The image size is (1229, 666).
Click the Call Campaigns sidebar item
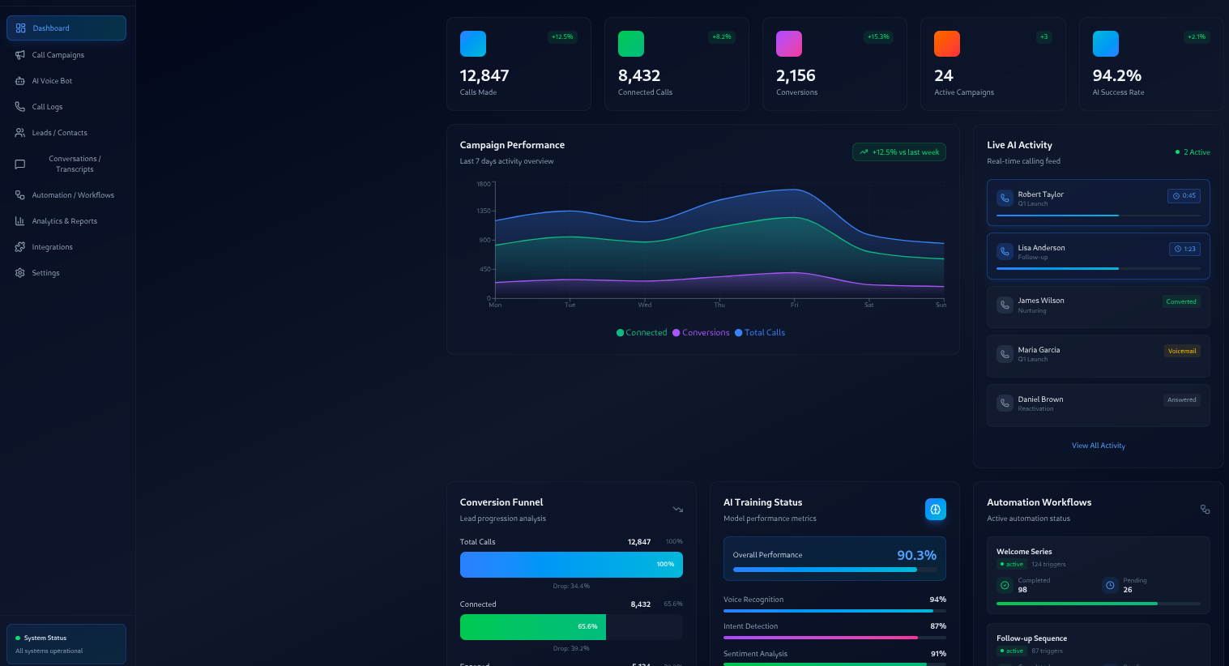pyautogui.click(x=58, y=55)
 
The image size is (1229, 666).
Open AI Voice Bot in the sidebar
pyautogui.click(x=52, y=81)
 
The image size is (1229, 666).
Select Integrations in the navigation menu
pyautogui.click(x=52, y=247)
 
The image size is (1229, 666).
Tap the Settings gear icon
pyautogui.click(x=20, y=273)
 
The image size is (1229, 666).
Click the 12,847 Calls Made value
pyautogui.click(x=484, y=75)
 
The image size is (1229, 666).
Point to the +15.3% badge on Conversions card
pyautogui.click(x=878, y=36)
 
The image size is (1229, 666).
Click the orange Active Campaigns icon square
pyautogui.click(x=947, y=44)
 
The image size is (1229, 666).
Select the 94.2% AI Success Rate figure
pyautogui.click(x=1116, y=75)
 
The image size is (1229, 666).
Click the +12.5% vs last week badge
pyautogui.click(x=899, y=152)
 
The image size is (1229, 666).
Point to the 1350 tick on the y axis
pyautogui.click(x=484, y=211)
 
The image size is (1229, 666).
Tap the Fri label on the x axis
pyautogui.click(x=794, y=305)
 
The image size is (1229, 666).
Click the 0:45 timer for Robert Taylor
pyautogui.click(x=1184, y=196)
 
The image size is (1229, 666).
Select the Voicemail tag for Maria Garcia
pyautogui.click(x=1182, y=352)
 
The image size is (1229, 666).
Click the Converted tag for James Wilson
pyautogui.click(x=1180, y=302)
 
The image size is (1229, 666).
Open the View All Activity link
pyautogui.click(x=1098, y=446)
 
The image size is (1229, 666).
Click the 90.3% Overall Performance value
pyautogui.click(x=916, y=555)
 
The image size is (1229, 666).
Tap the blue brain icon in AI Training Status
pyautogui.click(x=935, y=510)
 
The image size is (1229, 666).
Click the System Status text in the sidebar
pyautogui.click(x=45, y=638)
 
